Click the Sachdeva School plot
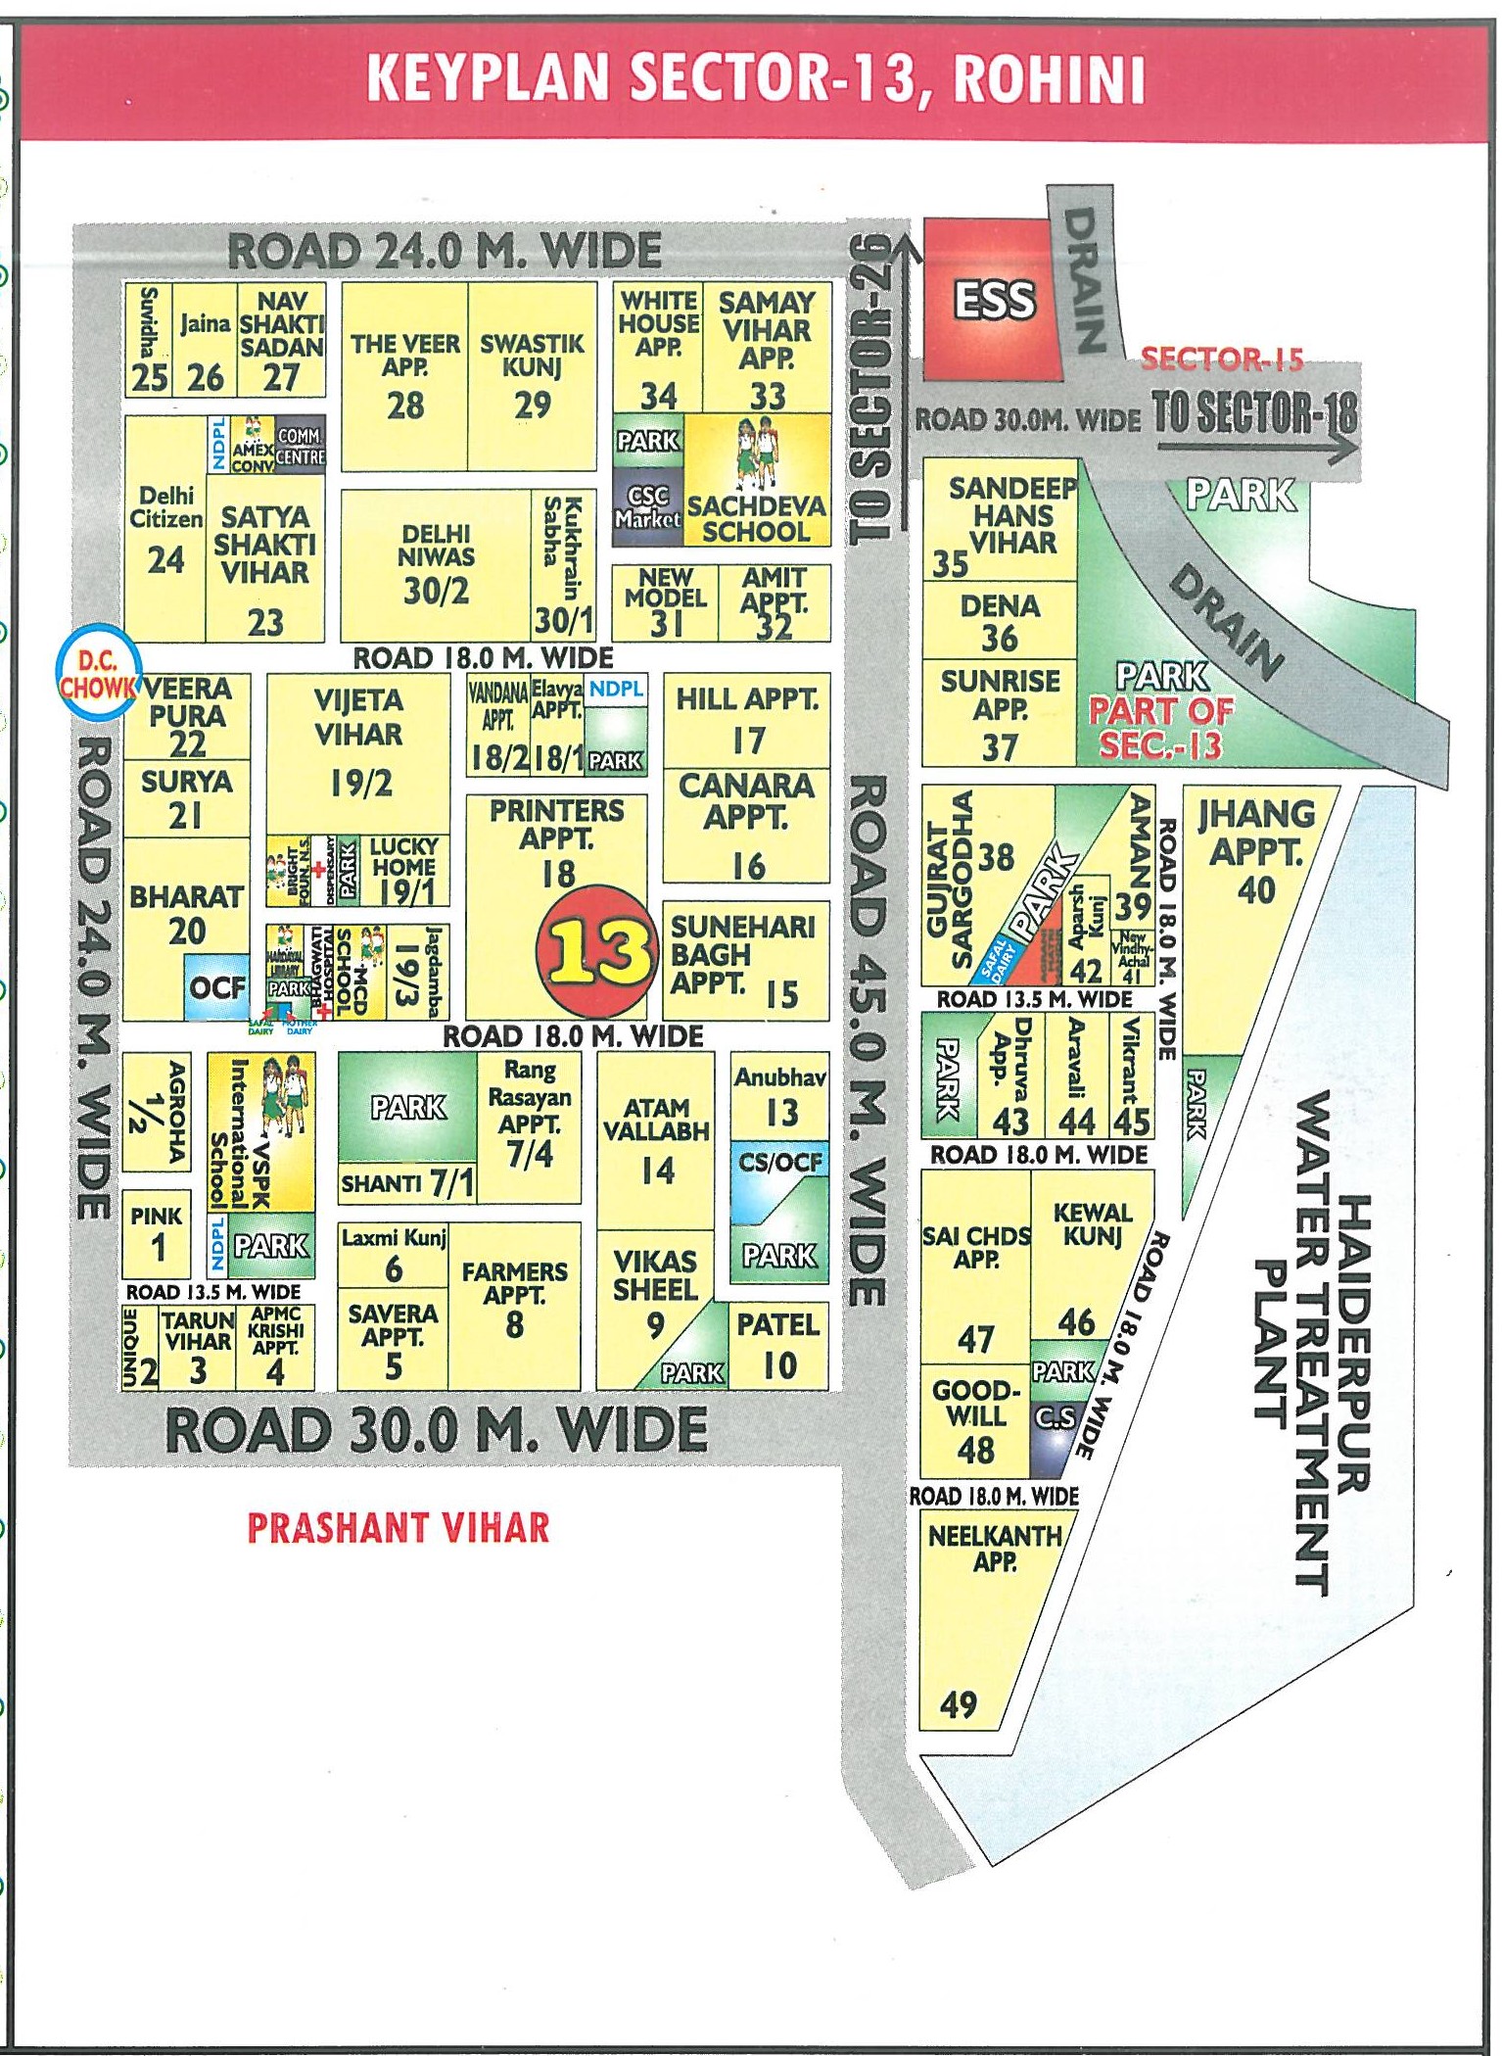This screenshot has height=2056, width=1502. tap(757, 480)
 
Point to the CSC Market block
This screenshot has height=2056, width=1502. tap(647, 505)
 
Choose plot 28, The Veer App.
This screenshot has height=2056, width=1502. tap(405, 377)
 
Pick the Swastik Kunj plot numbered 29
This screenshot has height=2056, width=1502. tap(532, 377)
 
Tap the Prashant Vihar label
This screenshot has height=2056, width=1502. tap(398, 1528)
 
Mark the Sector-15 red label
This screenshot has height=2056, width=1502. tap(1222, 359)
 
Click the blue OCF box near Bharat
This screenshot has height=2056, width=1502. tap(217, 987)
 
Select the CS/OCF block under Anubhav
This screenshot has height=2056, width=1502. tap(779, 1164)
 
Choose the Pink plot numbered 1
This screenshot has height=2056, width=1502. tap(157, 1234)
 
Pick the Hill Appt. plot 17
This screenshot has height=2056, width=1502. tap(746, 720)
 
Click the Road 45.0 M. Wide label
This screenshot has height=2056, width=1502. tap(868, 1038)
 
